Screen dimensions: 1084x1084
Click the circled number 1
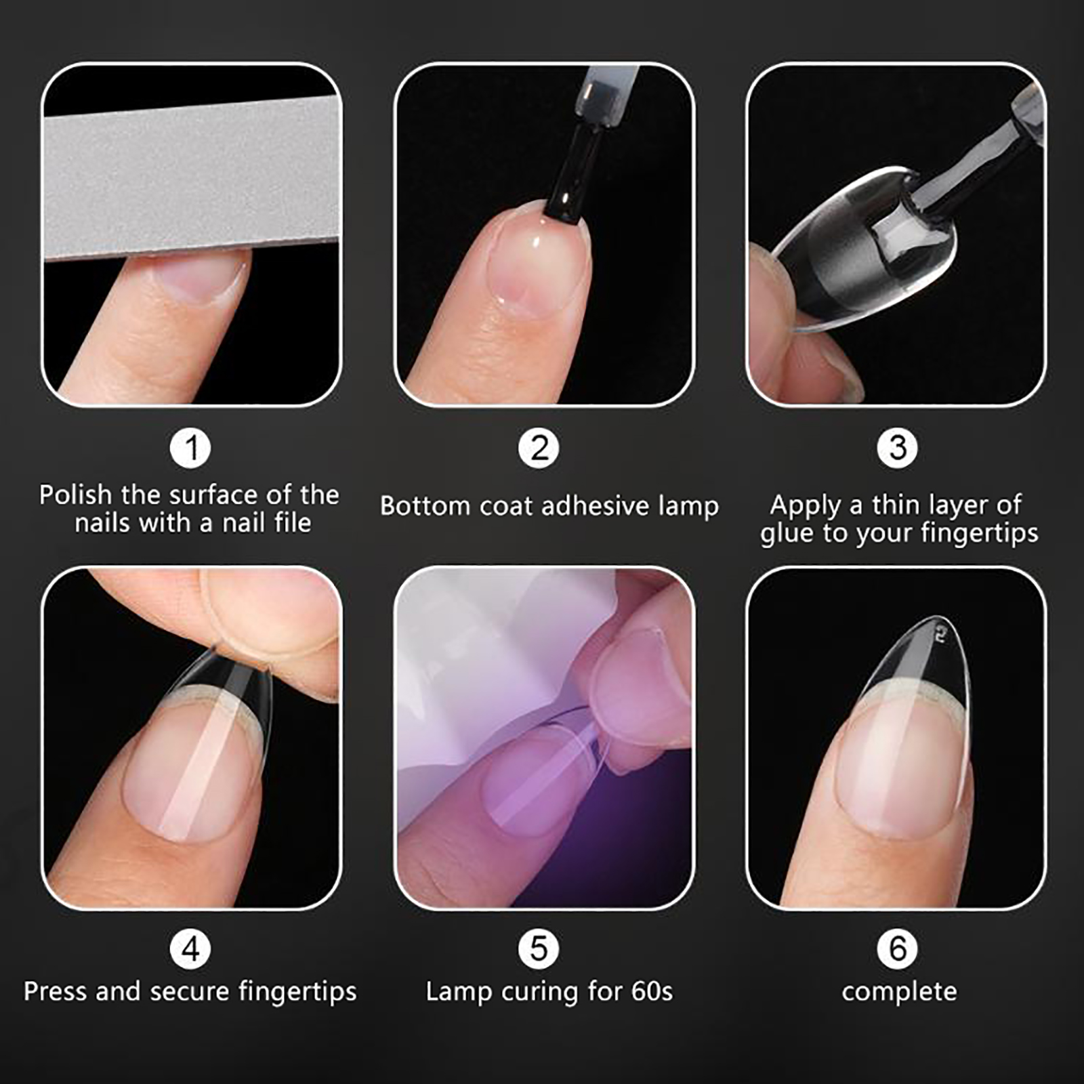191,448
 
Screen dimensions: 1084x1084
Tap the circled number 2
539,448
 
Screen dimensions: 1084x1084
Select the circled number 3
898,448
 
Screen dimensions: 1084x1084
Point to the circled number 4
191,948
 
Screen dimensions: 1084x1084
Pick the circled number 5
539,948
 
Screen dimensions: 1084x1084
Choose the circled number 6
898,948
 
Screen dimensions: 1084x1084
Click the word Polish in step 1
75,495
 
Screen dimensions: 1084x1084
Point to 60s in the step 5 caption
652,991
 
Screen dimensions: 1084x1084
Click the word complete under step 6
899,993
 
